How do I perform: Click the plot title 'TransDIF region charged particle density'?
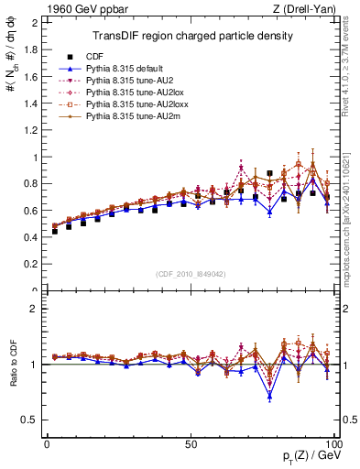(x=192, y=37)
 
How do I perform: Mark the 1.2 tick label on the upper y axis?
(x=34, y=130)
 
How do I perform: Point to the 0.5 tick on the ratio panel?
(x=34, y=420)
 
